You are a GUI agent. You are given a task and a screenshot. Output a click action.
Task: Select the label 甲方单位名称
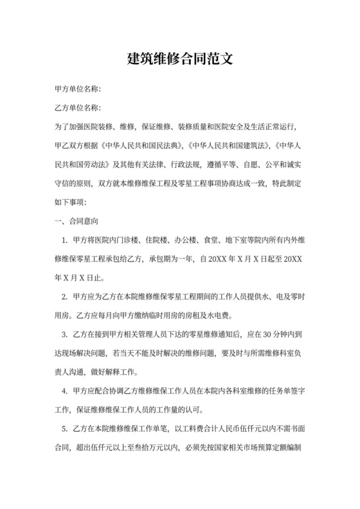[76, 89]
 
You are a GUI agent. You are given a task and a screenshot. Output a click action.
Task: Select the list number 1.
[64, 241]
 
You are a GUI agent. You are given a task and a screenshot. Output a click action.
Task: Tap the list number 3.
[64, 335]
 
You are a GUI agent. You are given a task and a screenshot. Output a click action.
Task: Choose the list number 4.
[64, 391]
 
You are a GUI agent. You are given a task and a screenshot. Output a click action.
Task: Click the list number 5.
[64, 428]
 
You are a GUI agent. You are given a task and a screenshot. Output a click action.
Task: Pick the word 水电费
[222, 316]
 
